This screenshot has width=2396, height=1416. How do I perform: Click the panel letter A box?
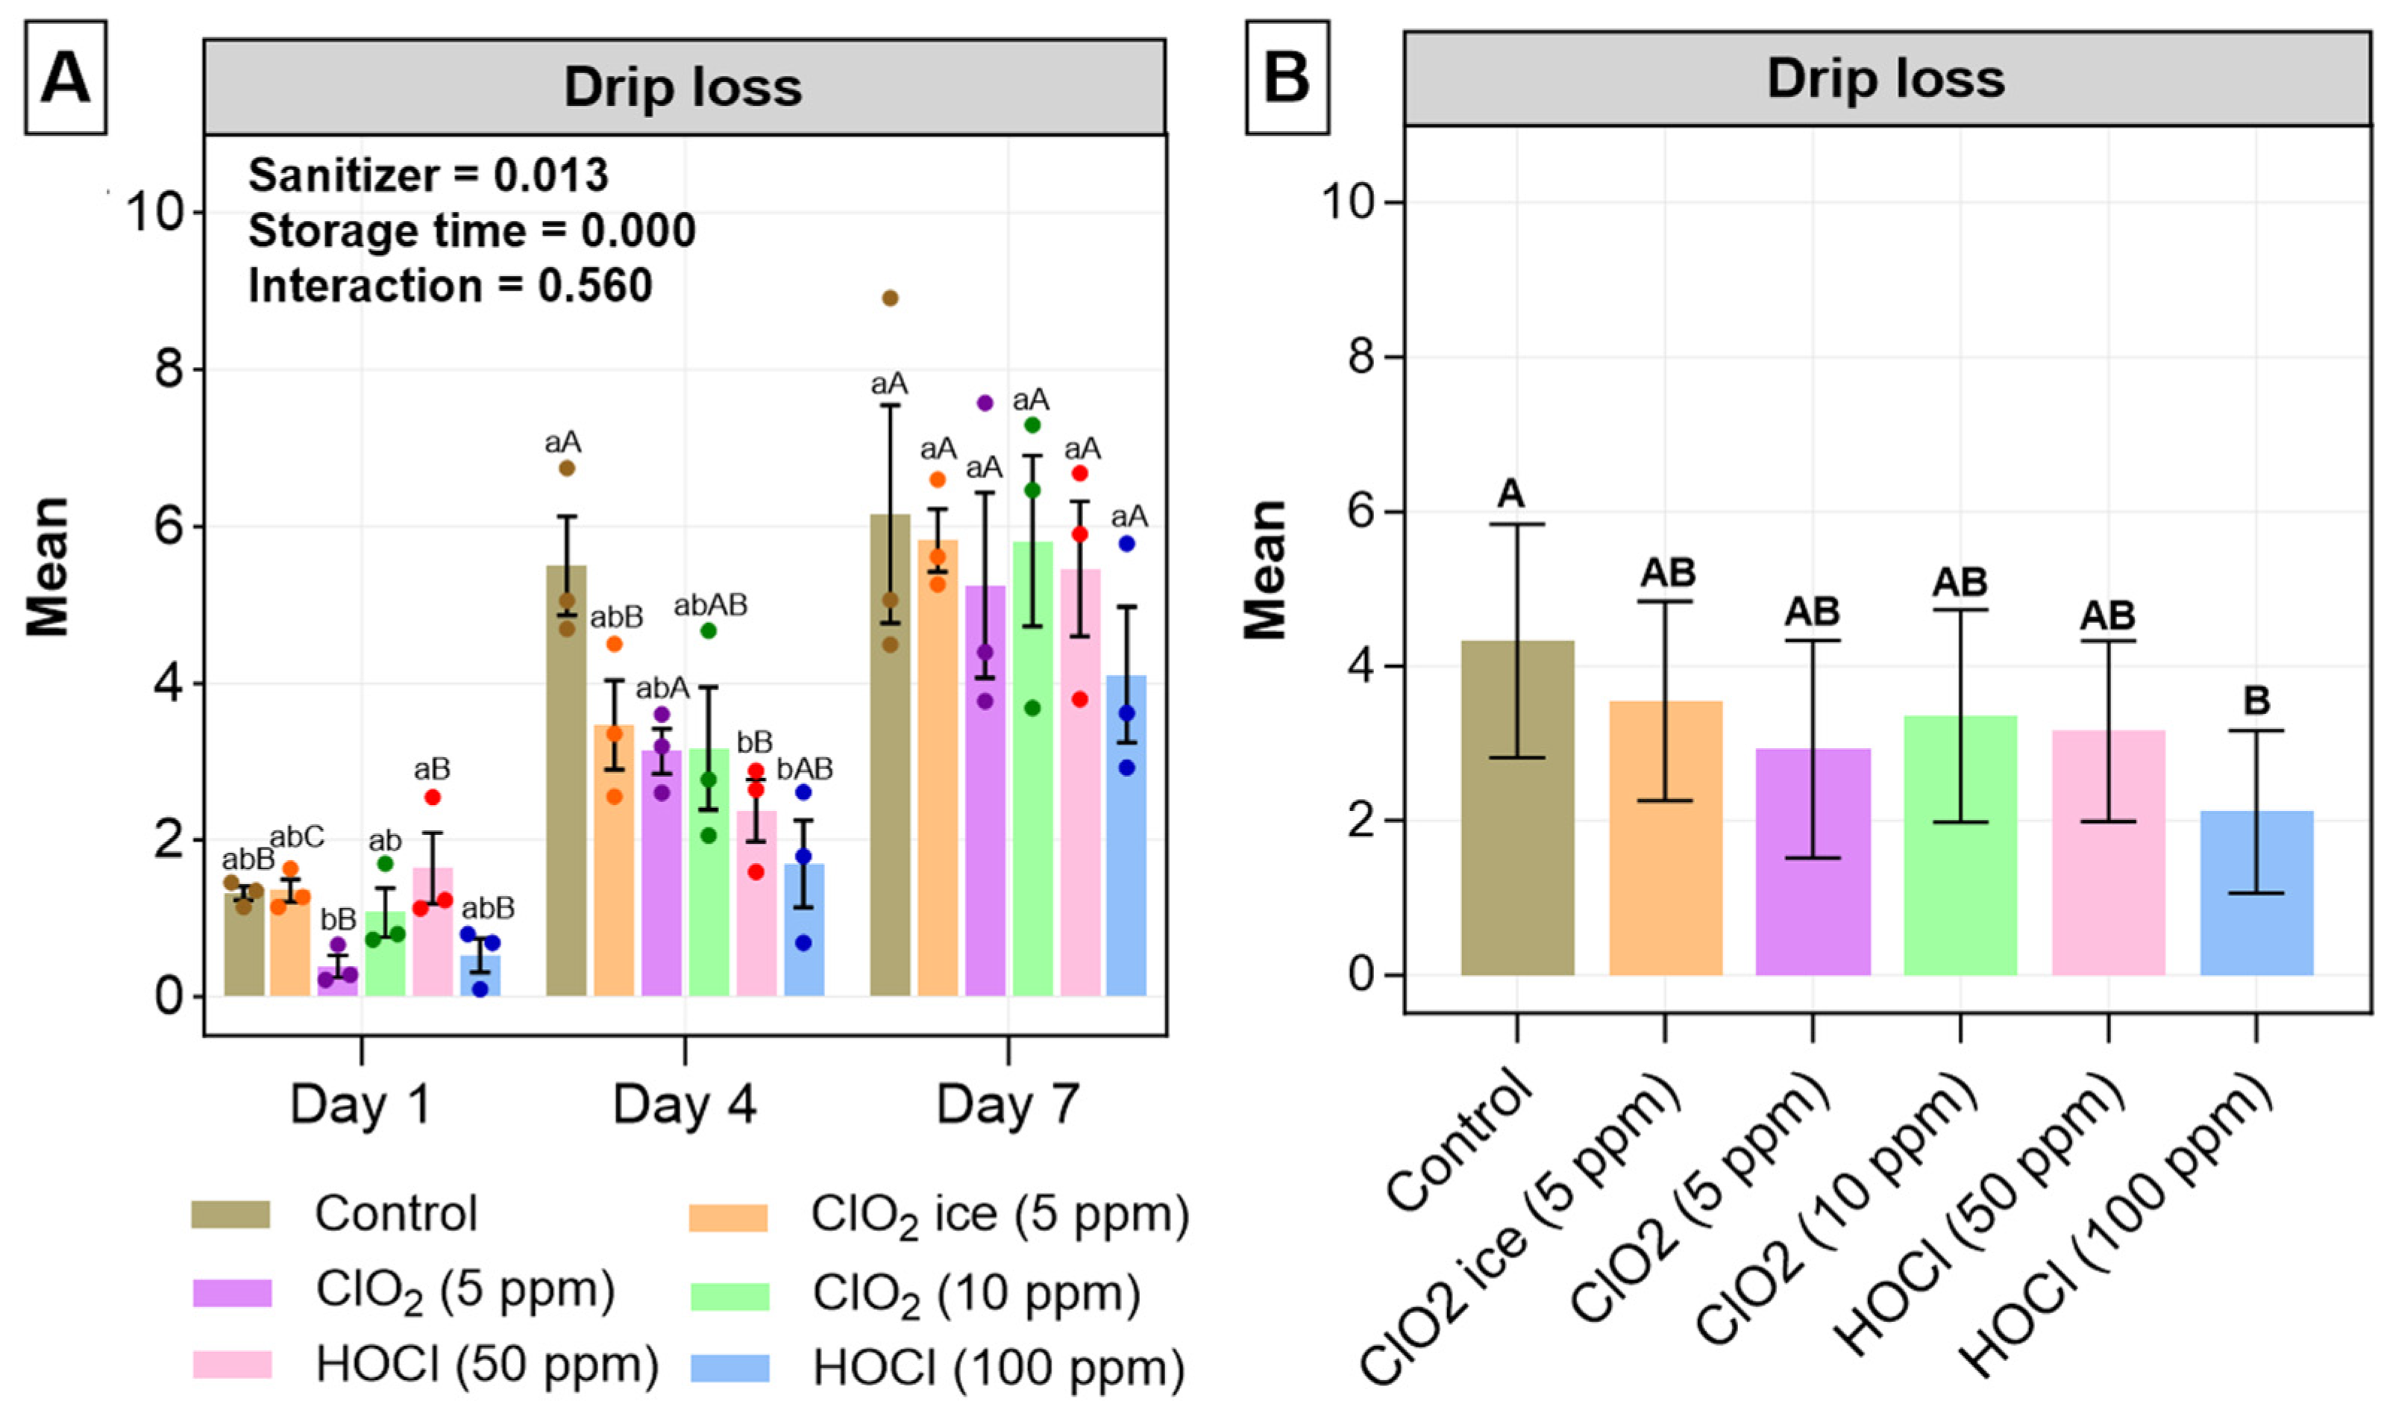(x=65, y=78)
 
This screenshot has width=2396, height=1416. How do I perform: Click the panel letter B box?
(x=1286, y=78)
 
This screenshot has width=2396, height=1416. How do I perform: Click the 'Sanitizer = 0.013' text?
(x=428, y=175)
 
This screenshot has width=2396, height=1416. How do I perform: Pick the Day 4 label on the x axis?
(x=684, y=1105)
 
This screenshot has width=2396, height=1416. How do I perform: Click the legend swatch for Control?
(x=230, y=1214)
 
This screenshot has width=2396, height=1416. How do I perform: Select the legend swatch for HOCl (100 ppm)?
(x=730, y=1368)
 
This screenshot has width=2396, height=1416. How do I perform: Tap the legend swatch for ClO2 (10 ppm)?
(x=730, y=1296)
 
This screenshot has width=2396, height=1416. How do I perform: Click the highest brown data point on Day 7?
(x=890, y=298)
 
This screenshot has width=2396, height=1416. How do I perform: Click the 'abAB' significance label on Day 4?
(x=709, y=605)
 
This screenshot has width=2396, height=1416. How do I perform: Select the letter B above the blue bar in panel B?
(x=2256, y=701)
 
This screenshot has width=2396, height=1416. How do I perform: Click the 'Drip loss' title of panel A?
(x=683, y=88)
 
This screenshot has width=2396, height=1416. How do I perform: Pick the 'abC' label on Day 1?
(x=297, y=837)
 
